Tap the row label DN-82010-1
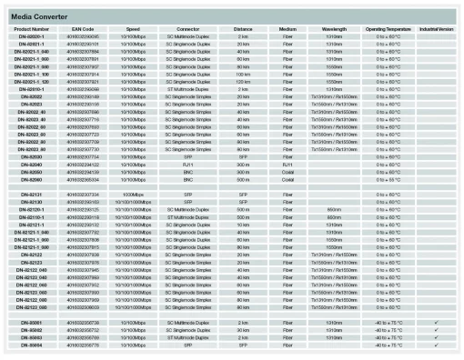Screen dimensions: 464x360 [32, 89]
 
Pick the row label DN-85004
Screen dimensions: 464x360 [32, 345]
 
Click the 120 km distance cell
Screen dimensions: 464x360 [242, 82]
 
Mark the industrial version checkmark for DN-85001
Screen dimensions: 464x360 [437, 323]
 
